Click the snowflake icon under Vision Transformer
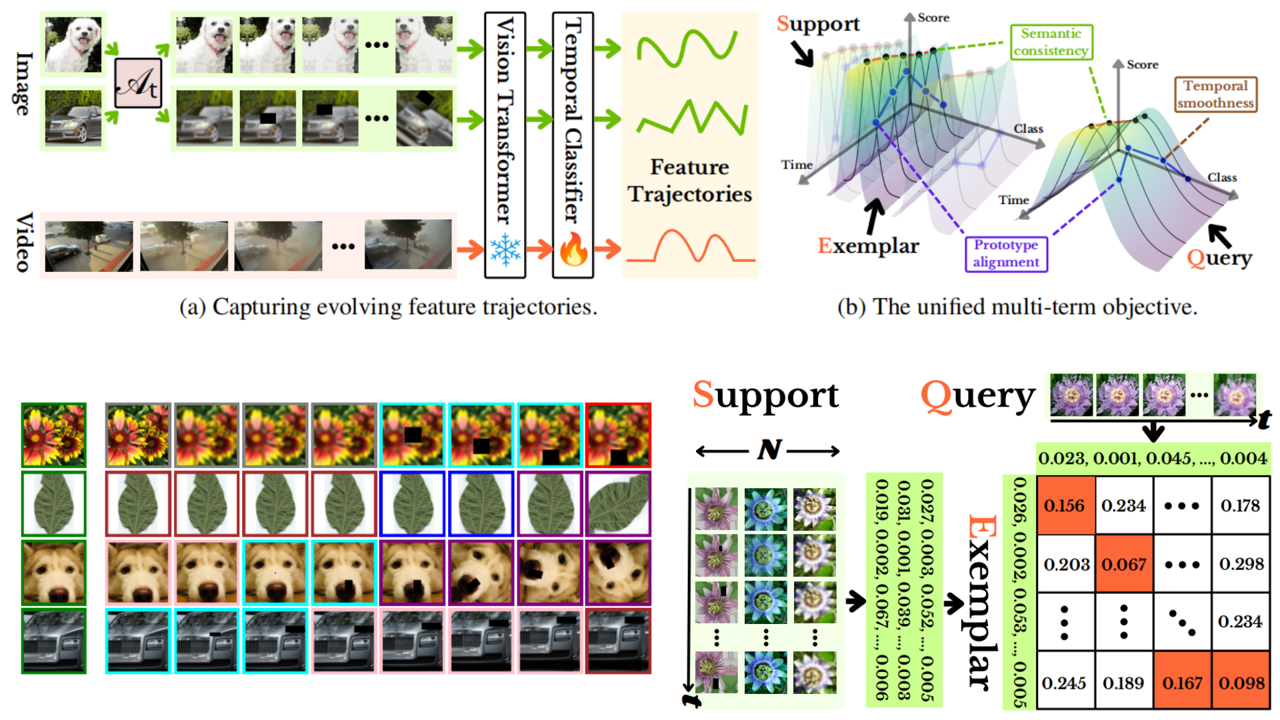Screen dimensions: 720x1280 click(505, 250)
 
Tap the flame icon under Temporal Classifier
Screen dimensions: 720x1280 click(573, 250)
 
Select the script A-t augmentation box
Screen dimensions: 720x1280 click(138, 83)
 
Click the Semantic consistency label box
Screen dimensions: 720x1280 click(1051, 42)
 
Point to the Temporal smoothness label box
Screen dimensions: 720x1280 click(1215, 94)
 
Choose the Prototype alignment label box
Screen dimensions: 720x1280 click(1006, 253)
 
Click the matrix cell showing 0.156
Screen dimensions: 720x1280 click(1065, 505)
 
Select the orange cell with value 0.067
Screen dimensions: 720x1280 click(1123, 564)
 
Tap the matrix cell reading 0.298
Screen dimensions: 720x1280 click(1241, 564)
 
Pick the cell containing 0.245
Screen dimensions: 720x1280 click(1065, 683)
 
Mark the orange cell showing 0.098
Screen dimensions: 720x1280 click(1241, 683)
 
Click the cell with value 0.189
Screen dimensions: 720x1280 click(1123, 683)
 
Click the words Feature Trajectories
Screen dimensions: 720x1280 click(690, 180)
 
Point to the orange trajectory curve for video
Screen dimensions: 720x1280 click(690, 248)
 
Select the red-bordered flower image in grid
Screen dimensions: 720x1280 click(618, 435)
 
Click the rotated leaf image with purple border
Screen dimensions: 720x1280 click(618, 504)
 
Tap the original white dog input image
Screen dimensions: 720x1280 click(73, 44)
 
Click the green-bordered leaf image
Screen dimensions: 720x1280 click(53, 504)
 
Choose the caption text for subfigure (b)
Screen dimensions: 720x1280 click(1017, 307)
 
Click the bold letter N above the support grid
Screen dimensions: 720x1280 click(769, 451)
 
